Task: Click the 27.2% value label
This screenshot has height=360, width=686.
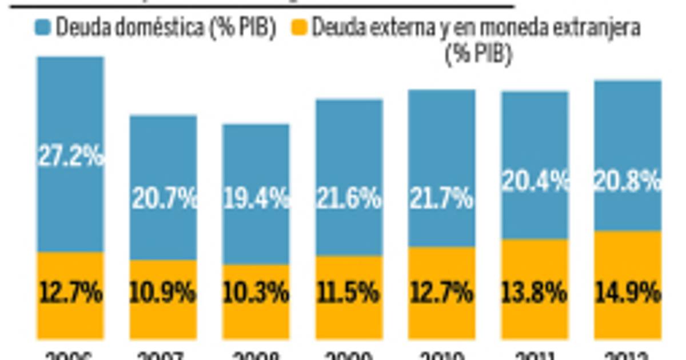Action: [x=71, y=155]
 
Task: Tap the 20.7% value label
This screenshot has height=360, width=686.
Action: [x=164, y=199]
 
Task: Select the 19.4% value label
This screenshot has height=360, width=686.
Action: [x=257, y=199]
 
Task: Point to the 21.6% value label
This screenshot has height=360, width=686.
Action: [x=349, y=199]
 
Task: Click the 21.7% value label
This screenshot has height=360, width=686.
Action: [x=442, y=199]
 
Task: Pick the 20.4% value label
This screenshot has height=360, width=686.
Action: [x=536, y=182]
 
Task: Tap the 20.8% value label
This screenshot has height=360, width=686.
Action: [x=628, y=182]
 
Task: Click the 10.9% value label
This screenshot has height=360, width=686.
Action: [x=164, y=294]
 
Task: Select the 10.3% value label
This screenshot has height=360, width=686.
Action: [x=257, y=294]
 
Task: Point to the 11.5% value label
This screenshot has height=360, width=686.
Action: [x=349, y=294]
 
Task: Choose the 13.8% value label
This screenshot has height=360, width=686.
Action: [x=536, y=294]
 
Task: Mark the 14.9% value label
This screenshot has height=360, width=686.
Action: [x=628, y=294]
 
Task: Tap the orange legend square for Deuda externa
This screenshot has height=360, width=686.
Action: [x=300, y=27]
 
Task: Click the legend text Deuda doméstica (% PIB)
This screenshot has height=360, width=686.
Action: [x=166, y=28]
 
